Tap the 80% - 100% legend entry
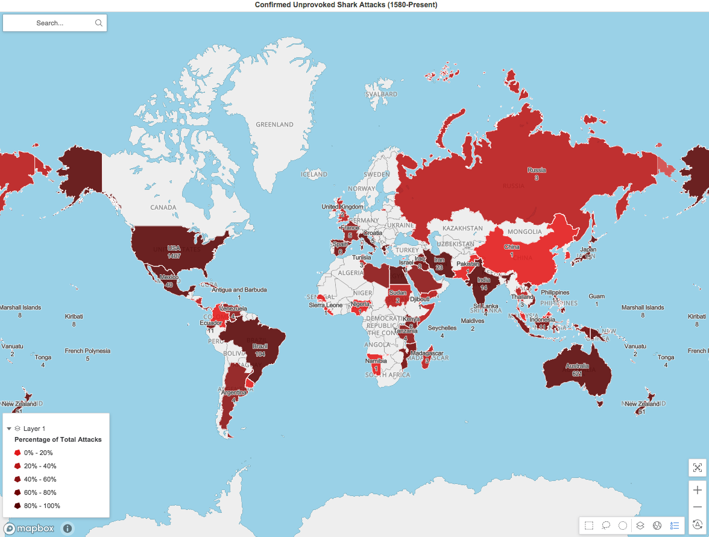pyautogui.click(x=42, y=506)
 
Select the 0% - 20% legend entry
pyautogui.click(x=38, y=453)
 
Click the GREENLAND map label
pyautogui.click(x=274, y=125)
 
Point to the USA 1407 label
pyautogui.click(x=174, y=252)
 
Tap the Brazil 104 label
pyautogui.click(x=260, y=350)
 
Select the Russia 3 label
pyautogui.click(x=536, y=174)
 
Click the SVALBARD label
pyautogui.click(x=382, y=95)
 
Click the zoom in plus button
pyautogui.click(x=698, y=490)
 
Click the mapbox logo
pyautogui.click(x=30, y=529)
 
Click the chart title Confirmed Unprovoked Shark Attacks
pyautogui.click(x=354, y=5)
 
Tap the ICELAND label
pyautogui.click(x=314, y=175)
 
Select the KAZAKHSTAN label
pyautogui.click(x=462, y=229)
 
